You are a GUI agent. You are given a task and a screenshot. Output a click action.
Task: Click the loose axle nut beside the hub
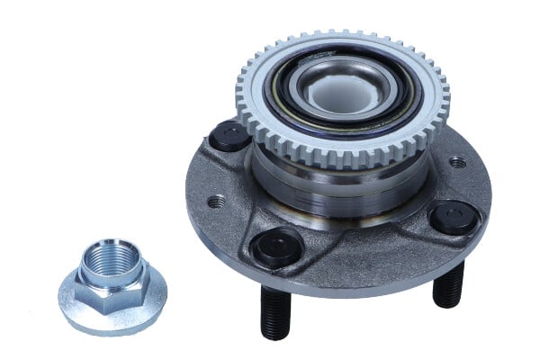[x=112, y=285]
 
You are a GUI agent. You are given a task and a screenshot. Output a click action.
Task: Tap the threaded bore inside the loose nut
[x=111, y=261]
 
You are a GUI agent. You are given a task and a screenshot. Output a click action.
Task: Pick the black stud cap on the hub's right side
[x=453, y=217]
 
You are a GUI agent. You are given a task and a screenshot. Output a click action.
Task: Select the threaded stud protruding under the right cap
[x=447, y=285]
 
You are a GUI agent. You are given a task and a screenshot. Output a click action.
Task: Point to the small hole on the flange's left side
[x=215, y=202]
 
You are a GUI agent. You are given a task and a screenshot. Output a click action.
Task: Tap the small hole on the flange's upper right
[x=457, y=163]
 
